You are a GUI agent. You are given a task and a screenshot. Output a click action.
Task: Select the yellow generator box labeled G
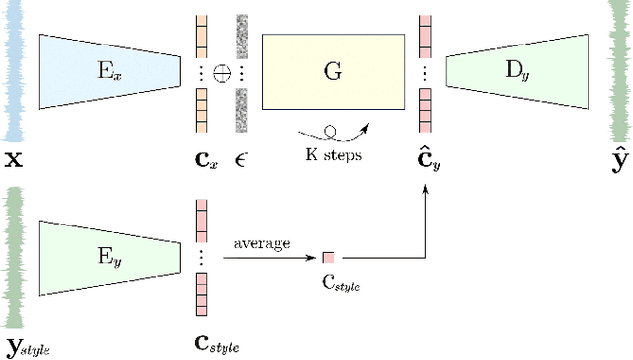[332, 69]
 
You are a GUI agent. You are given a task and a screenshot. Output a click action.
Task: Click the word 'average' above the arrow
[261, 243]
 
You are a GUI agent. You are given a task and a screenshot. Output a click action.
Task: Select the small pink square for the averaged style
[328, 258]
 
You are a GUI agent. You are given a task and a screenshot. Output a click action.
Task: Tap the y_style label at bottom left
[27, 346]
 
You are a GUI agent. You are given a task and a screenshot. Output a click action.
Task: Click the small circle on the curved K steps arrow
[331, 129]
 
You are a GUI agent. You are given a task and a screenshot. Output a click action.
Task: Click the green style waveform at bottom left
[14, 259]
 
